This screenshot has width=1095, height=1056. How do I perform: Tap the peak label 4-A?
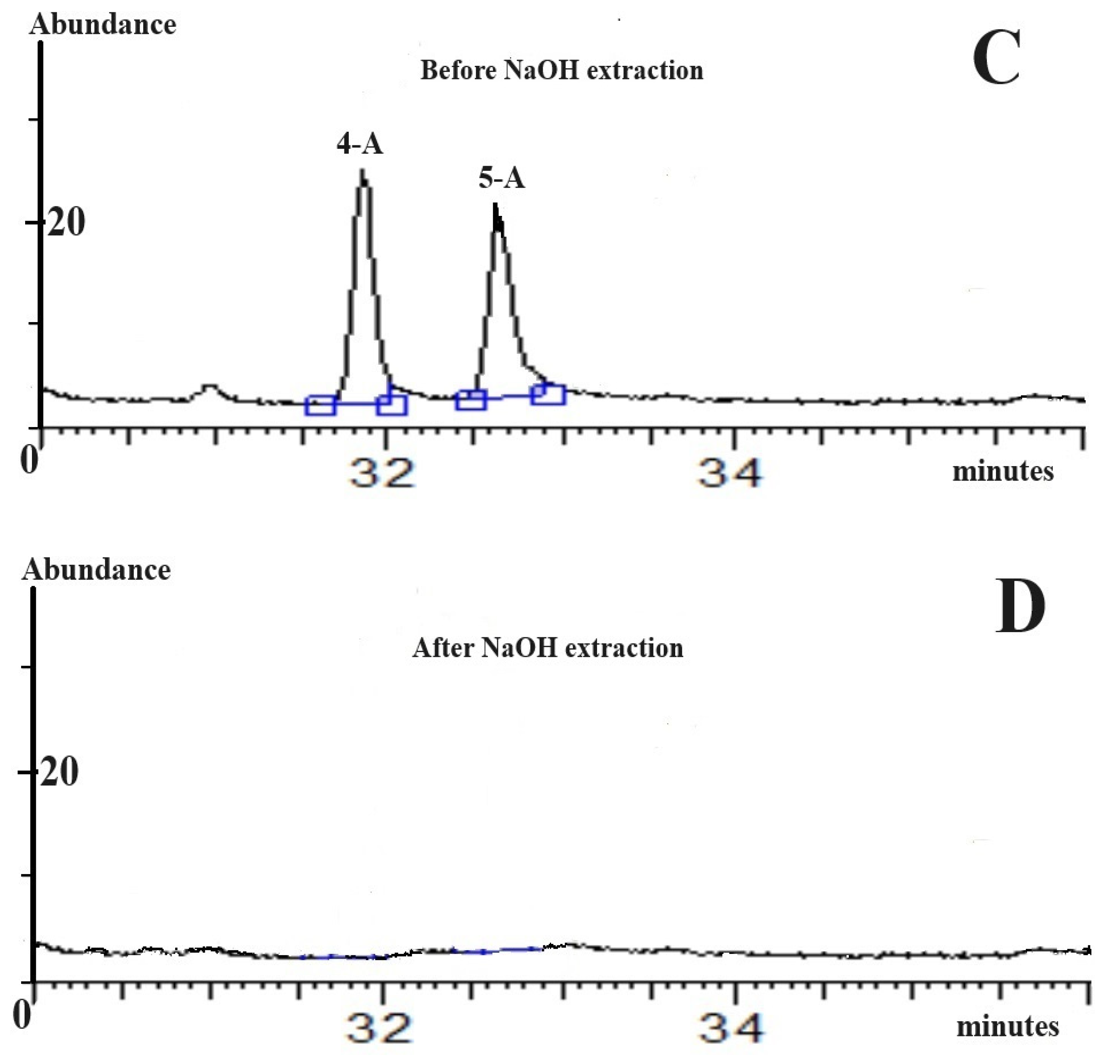(360, 144)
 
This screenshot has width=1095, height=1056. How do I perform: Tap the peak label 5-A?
(502, 179)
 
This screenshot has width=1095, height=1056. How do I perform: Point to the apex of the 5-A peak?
(495, 205)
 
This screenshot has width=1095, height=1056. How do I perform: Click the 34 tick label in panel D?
(731, 1027)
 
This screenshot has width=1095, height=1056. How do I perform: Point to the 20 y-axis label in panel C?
(66, 222)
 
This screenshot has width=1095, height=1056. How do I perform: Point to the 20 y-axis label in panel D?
(59, 773)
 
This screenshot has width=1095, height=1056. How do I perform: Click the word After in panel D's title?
(443, 648)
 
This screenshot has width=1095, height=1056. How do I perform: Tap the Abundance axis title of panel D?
(96, 570)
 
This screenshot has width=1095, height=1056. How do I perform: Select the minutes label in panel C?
(1003, 471)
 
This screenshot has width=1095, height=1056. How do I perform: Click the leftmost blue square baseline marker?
(321, 405)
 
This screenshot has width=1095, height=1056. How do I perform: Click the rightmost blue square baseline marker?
(549, 394)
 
